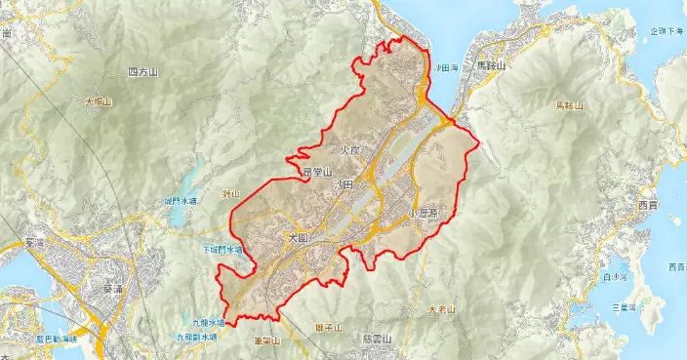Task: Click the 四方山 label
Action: [x=144, y=73]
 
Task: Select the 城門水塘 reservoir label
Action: [x=181, y=201]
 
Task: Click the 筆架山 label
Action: [x=266, y=341]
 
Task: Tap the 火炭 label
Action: [x=350, y=150]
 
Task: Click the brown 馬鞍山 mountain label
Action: [x=569, y=104]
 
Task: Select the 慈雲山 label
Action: [x=376, y=340]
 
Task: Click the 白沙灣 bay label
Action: [x=618, y=278]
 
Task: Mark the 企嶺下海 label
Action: [x=668, y=31]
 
